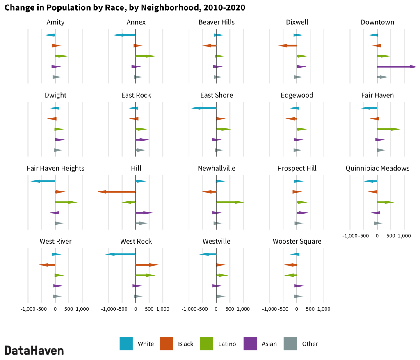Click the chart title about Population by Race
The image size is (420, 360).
coord(125,8)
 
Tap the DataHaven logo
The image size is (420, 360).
coord(34,350)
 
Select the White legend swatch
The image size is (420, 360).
coord(126,344)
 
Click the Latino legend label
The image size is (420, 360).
coord(227,344)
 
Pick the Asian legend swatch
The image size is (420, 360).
coord(250,344)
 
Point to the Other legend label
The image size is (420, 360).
coord(310,344)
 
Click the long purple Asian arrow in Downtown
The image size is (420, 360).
coord(396,66)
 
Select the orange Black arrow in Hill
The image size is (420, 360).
coord(117,192)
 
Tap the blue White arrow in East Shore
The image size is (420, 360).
coord(204,108)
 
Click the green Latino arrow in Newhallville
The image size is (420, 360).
coord(230,202)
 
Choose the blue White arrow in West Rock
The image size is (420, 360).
coord(121,254)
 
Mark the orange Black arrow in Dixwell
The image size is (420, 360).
coord(287,46)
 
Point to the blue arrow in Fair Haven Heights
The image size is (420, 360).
coord(43,181)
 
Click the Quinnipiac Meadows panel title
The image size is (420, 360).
coord(377,169)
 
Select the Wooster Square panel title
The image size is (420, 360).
coord(297,242)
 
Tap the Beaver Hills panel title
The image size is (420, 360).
coord(216,22)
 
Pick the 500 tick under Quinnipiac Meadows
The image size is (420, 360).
coord(390,236)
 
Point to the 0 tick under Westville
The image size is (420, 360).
coord(216,309)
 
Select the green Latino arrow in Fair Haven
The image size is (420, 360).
coord(388,129)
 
